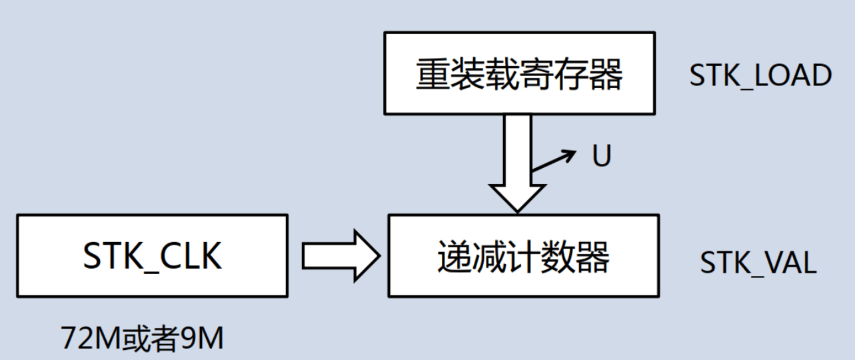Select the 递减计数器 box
pyautogui.click(x=523, y=255)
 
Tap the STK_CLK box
pyautogui.click(x=152, y=255)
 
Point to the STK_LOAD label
pyautogui.click(x=760, y=75)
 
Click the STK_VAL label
pyautogui.click(x=758, y=263)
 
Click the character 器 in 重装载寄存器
pyautogui.click(x=606, y=74)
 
